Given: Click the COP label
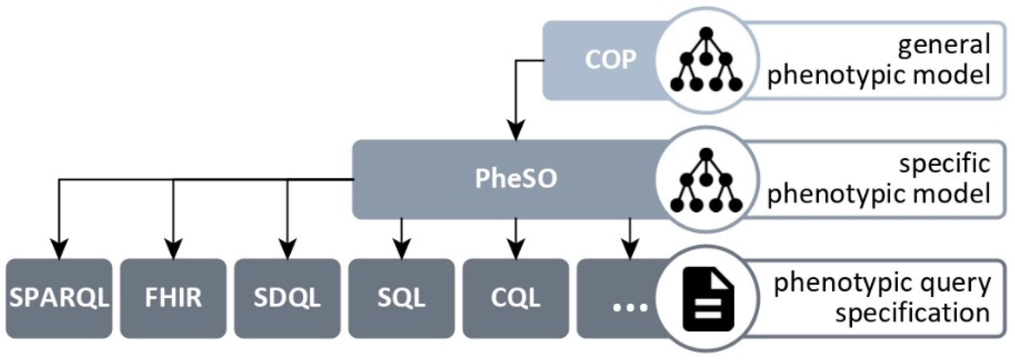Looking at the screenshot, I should (610, 60).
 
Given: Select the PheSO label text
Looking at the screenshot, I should (516, 179).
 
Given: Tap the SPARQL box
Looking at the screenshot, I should (59, 298).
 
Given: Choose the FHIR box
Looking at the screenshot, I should (173, 298).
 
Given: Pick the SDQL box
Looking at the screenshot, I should (287, 298).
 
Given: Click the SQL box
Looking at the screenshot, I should (401, 298).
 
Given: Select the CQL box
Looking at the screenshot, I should (516, 298).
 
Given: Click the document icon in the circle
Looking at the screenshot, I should (708, 300).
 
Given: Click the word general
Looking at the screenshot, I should (944, 45).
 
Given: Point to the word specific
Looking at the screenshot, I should (945, 164).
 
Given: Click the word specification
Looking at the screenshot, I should (912, 313).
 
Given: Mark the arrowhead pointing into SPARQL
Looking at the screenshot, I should (59, 249).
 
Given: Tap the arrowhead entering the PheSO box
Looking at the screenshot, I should (516, 131).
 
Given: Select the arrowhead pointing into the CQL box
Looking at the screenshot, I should (516, 250).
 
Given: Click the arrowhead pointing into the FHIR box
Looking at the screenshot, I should (173, 249).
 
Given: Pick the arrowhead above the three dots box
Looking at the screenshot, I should (630, 250).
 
